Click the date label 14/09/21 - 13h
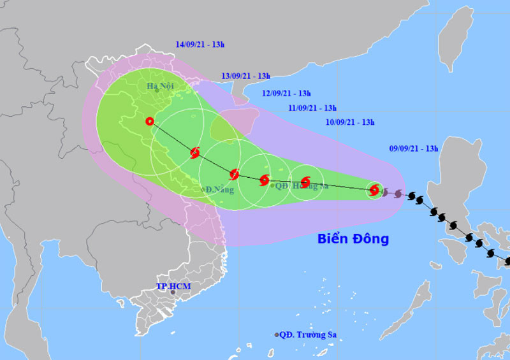pos(200,45)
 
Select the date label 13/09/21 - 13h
pos(246,76)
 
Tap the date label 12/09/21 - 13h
pos(287,93)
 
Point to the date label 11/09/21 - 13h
pos(312,108)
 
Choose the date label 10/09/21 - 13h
pos(350,122)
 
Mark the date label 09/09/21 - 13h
pos(414,148)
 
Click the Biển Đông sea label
pos(353,240)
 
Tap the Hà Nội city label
pos(159,85)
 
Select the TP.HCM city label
pos(173,286)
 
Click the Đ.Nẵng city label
pos(219,190)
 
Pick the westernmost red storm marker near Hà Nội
pos(150,121)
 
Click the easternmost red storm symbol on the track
pos(374,189)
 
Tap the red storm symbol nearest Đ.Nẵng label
pos(234,174)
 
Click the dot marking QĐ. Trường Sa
pos(277,335)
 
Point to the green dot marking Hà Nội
pos(156,90)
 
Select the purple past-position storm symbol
pos(398,193)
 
